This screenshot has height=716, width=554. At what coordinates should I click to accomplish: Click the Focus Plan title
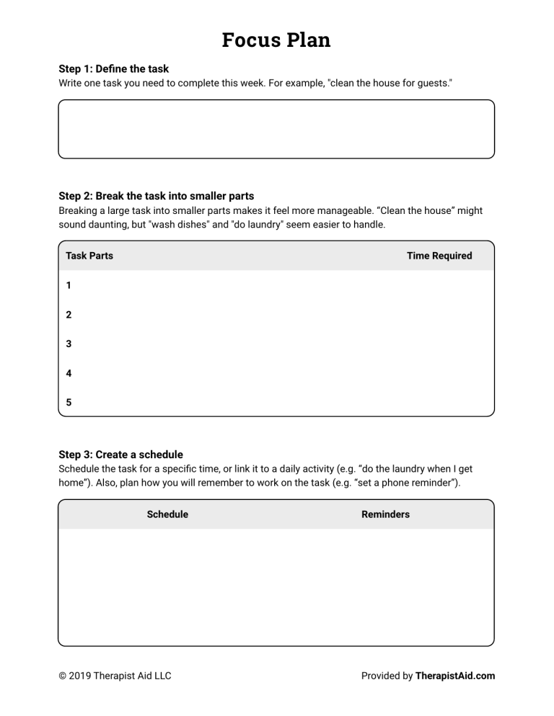[276, 40]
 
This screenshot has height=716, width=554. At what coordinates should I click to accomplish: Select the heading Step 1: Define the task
[113, 69]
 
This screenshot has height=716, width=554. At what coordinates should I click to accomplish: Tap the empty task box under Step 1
[276, 129]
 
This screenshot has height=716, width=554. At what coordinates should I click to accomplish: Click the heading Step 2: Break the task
[156, 196]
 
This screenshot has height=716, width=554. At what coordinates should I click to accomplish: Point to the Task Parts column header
[89, 256]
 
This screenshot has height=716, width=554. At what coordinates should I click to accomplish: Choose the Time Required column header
[439, 256]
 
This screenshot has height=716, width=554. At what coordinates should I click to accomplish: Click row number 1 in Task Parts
[69, 285]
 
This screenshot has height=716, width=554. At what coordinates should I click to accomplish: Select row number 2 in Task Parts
[69, 315]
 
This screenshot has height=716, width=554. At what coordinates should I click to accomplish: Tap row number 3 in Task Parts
[69, 344]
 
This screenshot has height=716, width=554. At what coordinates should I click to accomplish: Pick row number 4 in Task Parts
[69, 374]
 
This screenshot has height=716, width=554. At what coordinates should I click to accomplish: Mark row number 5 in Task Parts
[69, 403]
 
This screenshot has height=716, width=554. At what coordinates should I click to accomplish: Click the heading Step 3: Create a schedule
[120, 455]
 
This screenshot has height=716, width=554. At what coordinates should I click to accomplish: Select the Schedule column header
[167, 514]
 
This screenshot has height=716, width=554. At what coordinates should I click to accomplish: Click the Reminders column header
[385, 514]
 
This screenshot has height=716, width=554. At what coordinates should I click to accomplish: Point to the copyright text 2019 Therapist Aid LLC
[115, 676]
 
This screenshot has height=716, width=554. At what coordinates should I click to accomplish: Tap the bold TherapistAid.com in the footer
[455, 676]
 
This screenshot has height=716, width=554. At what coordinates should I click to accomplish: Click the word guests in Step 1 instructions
[433, 83]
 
